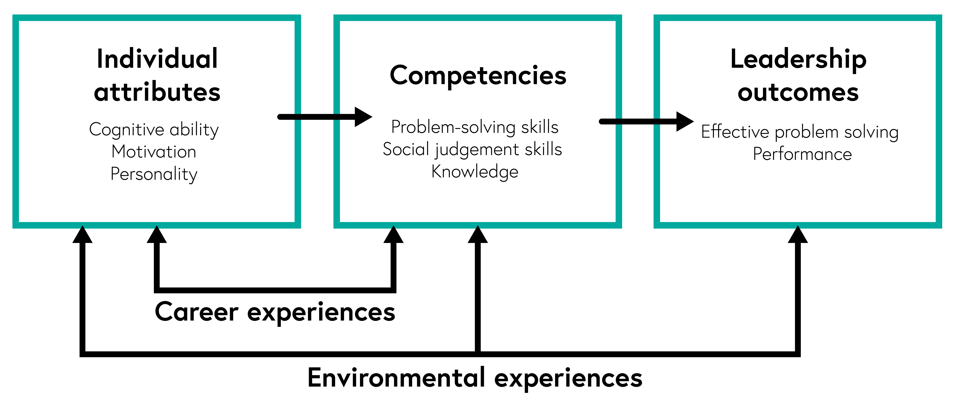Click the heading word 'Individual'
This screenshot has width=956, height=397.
click(x=157, y=59)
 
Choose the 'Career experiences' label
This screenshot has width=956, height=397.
click(x=275, y=312)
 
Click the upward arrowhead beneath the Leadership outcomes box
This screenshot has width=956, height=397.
click(x=798, y=235)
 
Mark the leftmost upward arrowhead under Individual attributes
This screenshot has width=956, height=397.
click(x=82, y=235)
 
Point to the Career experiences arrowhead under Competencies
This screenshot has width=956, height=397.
click(x=393, y=235)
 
